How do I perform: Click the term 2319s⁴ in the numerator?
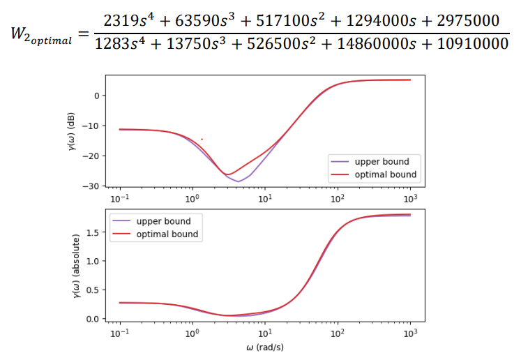pyautogui.click(x=121, y=21)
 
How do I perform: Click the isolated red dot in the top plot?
pyautogui.click(x=202, y=140)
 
